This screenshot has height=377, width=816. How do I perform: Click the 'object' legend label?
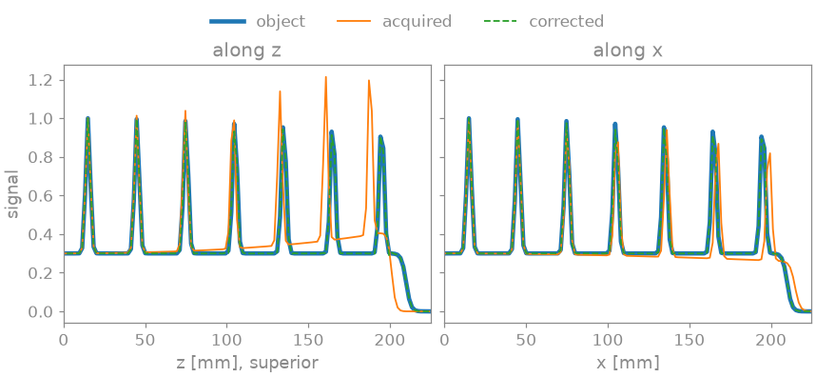point(280,21)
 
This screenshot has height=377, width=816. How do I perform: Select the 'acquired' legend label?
point(417,22)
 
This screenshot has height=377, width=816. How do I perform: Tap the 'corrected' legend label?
point(566,21)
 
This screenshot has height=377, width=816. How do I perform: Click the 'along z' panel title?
point(247,51)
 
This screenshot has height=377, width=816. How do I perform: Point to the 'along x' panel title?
point(628,51)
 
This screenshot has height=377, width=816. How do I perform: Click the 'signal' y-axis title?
point(12,193)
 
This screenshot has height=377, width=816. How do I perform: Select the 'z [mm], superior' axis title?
point(247,363)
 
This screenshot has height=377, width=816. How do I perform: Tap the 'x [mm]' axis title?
point(628,363)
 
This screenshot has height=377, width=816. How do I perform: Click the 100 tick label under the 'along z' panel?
point(227,339)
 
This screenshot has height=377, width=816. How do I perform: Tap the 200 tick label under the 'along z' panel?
point(390,339)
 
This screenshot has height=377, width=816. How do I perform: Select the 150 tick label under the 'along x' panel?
point(689,339)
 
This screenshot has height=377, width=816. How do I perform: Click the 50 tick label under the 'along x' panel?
point(526,339)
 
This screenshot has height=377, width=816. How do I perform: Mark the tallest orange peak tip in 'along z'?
point(326,77)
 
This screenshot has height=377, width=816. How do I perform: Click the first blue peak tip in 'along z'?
point(87,118)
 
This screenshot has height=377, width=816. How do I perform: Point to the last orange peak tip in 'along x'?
point(769,153)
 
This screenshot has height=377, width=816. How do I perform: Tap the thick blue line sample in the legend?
point(227,21)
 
